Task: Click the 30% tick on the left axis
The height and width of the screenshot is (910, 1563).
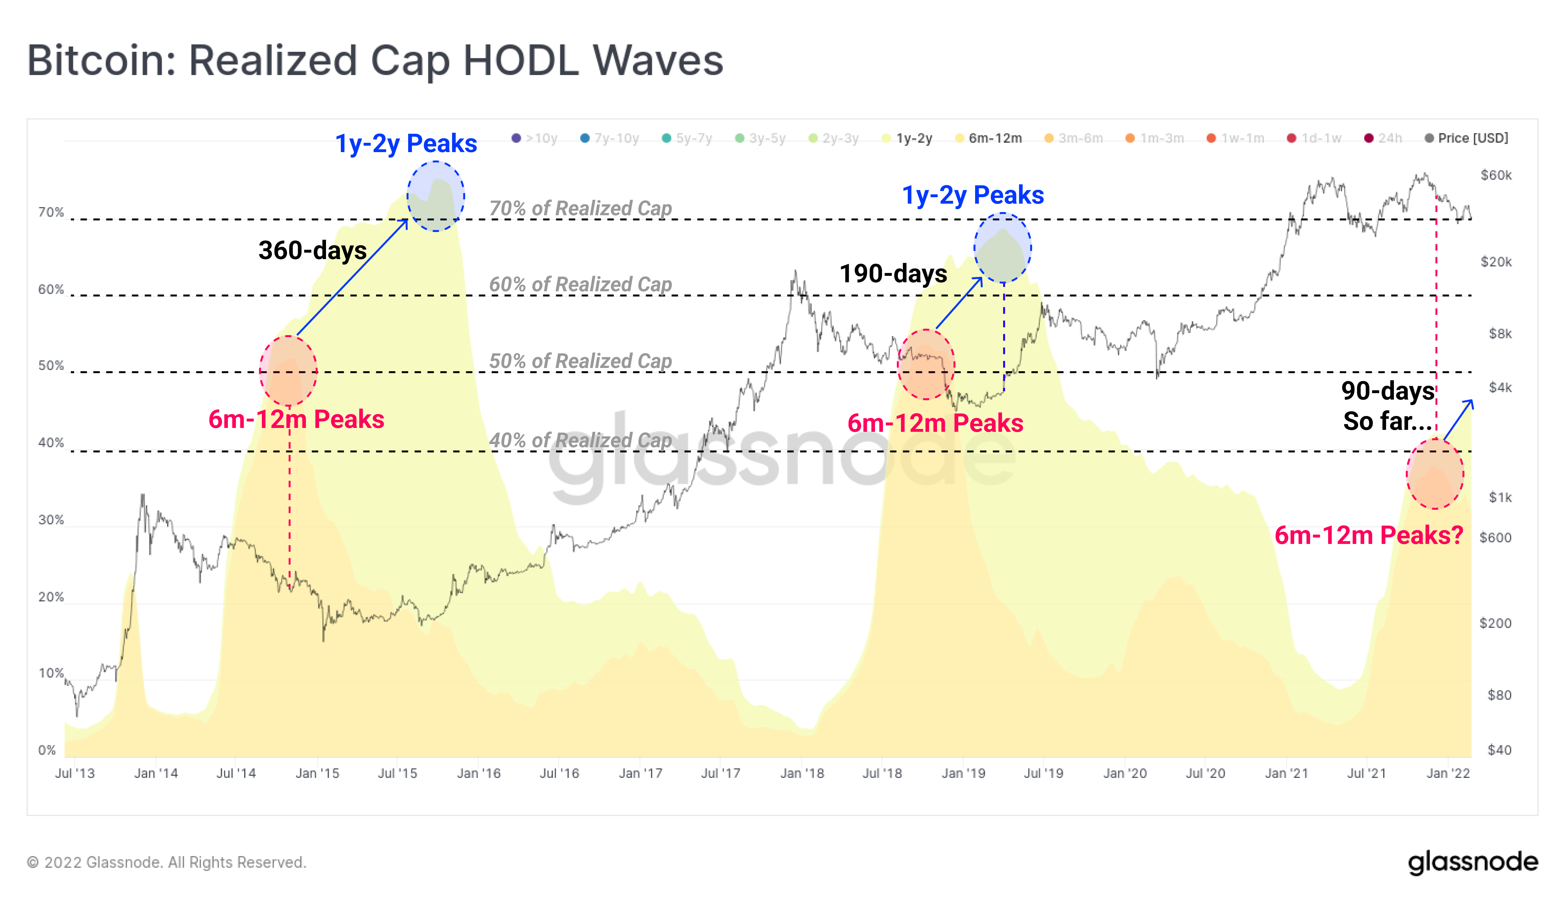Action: click(51, 520)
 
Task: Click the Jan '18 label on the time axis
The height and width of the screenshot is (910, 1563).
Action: click(801, 773)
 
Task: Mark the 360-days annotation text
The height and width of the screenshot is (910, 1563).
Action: click(312, 250)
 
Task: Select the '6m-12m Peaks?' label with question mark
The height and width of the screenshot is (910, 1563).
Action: click(1368, 535)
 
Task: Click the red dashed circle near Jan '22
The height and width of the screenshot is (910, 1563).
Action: click(1434, 474)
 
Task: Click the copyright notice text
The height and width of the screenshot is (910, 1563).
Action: click(166, 862)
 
